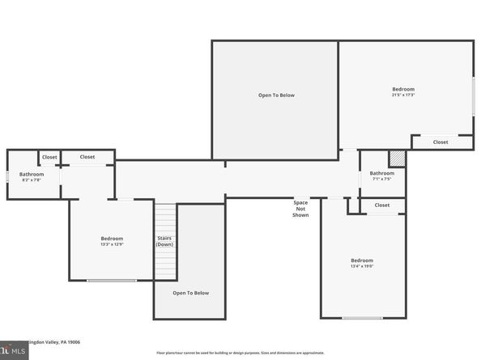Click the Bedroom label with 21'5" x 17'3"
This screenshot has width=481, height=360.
click(403, 91)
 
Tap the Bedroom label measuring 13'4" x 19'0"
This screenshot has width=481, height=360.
click(361, 263)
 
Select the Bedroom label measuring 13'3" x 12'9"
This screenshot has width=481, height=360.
click(112, 241)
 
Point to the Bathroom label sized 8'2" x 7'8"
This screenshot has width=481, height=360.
click(32, 176)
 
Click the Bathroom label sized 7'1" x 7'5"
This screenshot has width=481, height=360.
click(381, 176)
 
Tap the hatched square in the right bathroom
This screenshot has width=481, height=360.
click(396, 159)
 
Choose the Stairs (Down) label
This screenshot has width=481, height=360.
click(165, 241)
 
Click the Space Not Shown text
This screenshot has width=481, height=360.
click(300, 208)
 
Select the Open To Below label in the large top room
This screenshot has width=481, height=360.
click(276, 95)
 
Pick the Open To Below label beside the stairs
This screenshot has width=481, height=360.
click(191, 293)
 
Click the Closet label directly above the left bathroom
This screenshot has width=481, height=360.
click(49, 157)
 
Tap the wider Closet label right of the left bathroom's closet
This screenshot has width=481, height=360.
click(87, 157)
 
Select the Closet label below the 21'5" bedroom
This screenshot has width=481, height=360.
click(440, 142)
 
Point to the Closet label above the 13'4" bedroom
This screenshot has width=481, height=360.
click(381, 205)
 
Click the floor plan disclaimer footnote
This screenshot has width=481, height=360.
click(240, 354)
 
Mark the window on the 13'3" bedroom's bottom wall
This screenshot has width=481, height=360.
click(112, 281)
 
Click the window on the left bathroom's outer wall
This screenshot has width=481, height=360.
click(8, 176)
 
